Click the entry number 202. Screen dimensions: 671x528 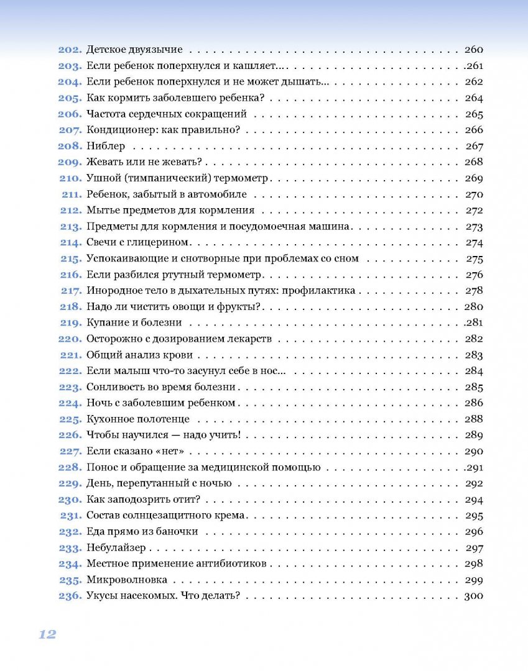[x=70, y=50]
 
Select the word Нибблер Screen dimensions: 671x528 [x=106, y=147]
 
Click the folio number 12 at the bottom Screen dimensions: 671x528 [x=47, y=634]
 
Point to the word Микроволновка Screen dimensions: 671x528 [x=127, y=580]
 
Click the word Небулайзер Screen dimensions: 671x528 [x=116, y=548]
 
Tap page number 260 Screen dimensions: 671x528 [x=474, y=50]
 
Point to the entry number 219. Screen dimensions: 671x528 [x=70, y=323]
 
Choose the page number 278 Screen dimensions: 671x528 [x=474, y=291]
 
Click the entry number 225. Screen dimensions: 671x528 [x=70, y=419]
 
